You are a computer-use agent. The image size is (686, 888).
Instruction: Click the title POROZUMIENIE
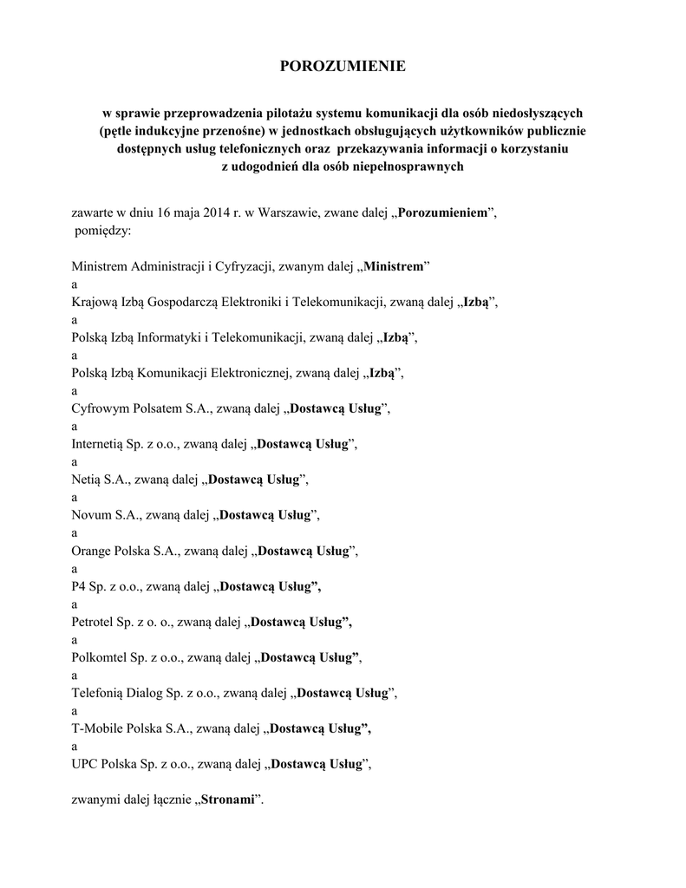342,67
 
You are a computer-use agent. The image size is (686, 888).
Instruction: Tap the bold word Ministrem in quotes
394,266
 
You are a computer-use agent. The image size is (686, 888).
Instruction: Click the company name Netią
90,479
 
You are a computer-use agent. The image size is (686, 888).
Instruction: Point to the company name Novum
91,514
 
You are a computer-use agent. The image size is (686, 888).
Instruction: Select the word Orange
94,551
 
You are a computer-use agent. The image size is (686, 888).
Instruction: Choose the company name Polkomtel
102,657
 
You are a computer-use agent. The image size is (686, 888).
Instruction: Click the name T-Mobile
99,728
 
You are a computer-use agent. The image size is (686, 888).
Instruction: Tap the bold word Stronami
229,800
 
